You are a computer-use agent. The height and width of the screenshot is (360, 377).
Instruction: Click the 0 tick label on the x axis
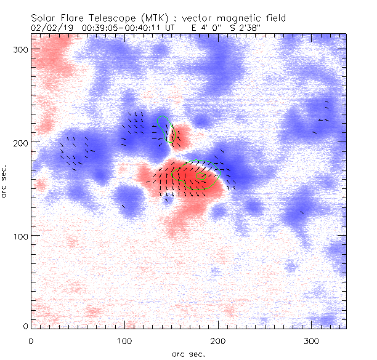(x=31, y=340)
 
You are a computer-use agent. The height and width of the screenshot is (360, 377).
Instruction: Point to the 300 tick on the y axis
(x=31, y=48)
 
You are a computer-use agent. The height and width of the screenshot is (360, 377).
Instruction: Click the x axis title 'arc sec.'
(x=188, y=354)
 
